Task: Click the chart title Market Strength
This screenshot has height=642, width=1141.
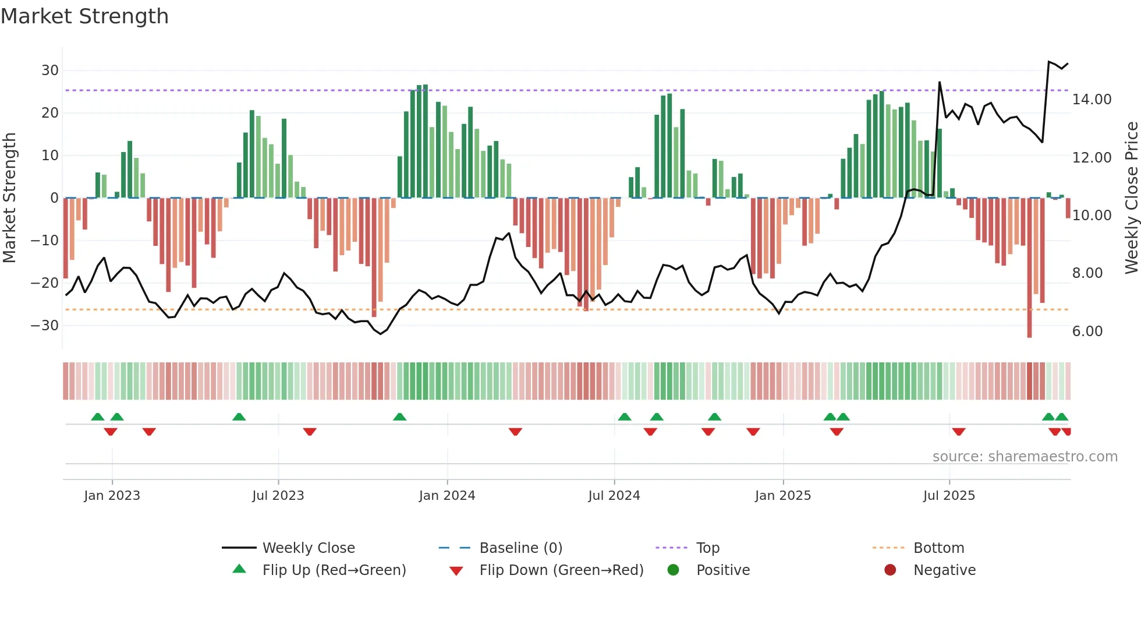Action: [84, 16]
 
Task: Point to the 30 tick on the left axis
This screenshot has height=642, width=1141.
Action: [50, 70]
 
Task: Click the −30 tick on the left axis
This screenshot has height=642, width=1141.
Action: [45, 326]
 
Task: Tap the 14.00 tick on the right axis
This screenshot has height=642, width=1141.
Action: [1092, 100]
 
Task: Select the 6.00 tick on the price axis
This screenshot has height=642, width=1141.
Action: [1087, 331]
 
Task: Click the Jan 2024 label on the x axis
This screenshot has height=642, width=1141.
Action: [447, 496]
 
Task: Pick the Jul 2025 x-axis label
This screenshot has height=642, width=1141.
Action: [948, 496]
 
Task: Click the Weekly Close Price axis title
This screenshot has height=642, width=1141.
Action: [1131, 198]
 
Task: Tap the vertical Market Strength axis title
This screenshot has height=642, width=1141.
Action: [9, 198]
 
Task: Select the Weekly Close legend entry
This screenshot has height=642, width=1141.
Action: [308, 548]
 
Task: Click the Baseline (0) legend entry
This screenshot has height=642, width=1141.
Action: [520, 548]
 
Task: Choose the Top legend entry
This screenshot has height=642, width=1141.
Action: [707, 548]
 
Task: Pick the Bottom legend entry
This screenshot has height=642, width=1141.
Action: [938, 548]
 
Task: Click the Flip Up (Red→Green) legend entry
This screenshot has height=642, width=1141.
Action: [334, 570]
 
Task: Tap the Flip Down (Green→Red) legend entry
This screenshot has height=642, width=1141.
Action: [561, 570]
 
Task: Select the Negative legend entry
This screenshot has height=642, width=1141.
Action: [944, 570]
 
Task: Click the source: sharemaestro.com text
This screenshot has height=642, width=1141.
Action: [1025, 457]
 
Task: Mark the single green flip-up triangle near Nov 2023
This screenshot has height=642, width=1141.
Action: [399, 417]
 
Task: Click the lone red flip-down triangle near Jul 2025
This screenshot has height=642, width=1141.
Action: [959, 432]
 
